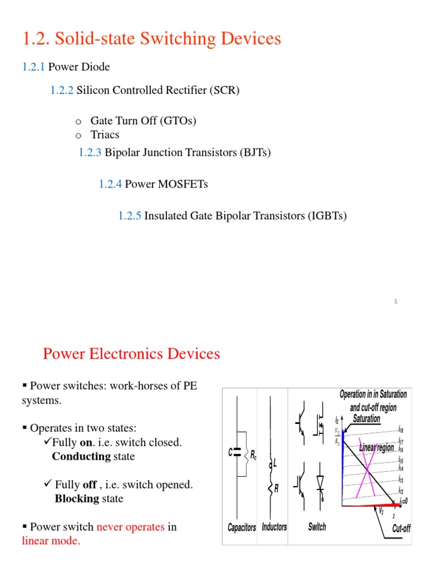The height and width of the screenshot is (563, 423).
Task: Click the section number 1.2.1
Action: pos(34,67)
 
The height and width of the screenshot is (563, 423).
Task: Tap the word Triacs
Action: pos(105,135)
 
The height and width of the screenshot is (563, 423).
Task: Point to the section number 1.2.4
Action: pos(110,184)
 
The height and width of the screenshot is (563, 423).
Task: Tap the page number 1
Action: pos(396,300)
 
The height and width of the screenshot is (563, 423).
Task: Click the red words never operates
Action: pos(131,527)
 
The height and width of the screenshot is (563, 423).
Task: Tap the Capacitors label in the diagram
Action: pos(242,527)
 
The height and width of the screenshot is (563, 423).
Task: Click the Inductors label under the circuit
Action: pos(274,527)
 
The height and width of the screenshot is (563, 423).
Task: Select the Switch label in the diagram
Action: pos(317,527)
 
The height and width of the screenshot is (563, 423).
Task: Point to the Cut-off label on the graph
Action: pos(401,528)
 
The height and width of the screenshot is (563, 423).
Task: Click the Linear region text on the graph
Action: pos(377,448)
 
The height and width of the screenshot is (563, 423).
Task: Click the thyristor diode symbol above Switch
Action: pos(320,482)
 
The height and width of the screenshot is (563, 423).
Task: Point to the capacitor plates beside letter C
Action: pos(237,452)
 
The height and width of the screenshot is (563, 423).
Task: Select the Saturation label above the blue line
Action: pos(366,419)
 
